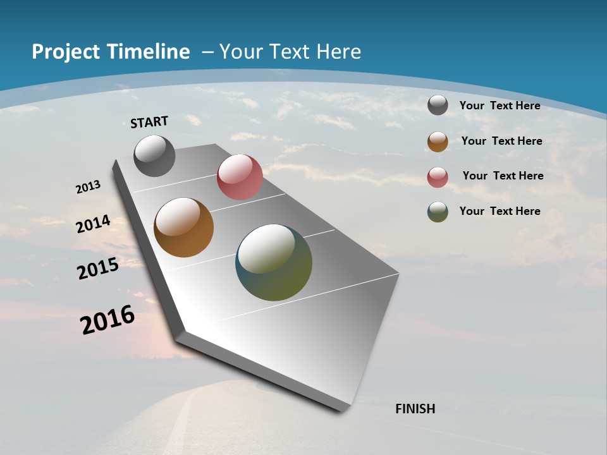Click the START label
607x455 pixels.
click(x=149, y=122)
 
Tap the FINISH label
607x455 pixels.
click(x=415, y=409)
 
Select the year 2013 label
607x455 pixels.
click(x=88, y=187)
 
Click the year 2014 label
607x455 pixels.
click(x=93, y=224)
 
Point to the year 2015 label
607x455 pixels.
click(x=98, y=269)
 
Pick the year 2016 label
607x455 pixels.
click(x=107, y=320)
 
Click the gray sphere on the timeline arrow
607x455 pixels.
click(x=154, y=155)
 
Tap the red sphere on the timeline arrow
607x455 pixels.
click(x=240, y=177)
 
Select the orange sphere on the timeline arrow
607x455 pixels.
click(x=183, y=227)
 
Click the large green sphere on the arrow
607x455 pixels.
click(x=274, y=262)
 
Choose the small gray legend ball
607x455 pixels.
click(x=438, y=105)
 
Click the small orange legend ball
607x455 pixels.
click(x=438, y=142)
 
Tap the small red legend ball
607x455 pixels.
click(x=438, y=177)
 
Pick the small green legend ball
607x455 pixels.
click(x=438, y=212)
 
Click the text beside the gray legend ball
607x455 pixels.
click(x=500, y=106)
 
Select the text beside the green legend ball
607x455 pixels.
click(x=500, y=211)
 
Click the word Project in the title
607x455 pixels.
click(x=66, y=52)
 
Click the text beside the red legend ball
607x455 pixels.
click(x=503, y=176)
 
